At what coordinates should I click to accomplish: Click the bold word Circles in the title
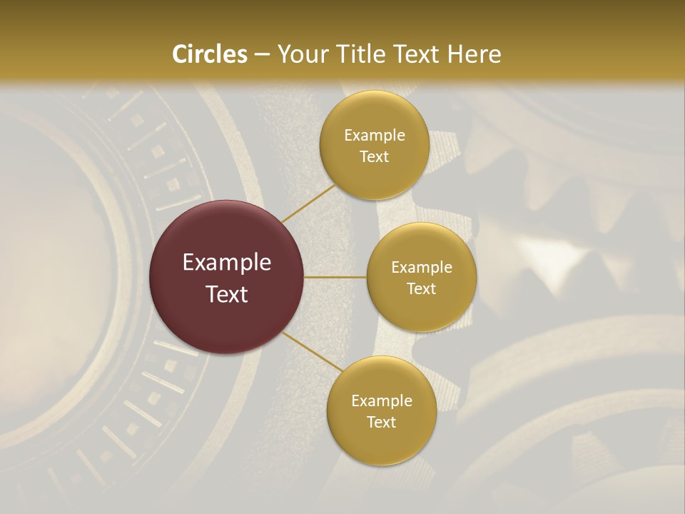click(x=209, y=54)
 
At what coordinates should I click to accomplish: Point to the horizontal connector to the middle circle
click(x=335, y=277)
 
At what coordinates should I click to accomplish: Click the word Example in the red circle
click(x=227, y=263)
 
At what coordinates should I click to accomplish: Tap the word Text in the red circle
click(x=227, y=294)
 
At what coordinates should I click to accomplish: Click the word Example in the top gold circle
click(x=375, y=136)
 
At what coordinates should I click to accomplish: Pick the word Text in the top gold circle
click(x=375, y=157)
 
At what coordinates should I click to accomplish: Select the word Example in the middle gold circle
click(x=422, y=268)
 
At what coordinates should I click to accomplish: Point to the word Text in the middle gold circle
click(x=422, y=289)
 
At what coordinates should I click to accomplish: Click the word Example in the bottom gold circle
click(x=382, y=401)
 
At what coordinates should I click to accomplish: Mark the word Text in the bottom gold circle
click(x=382, y=423)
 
